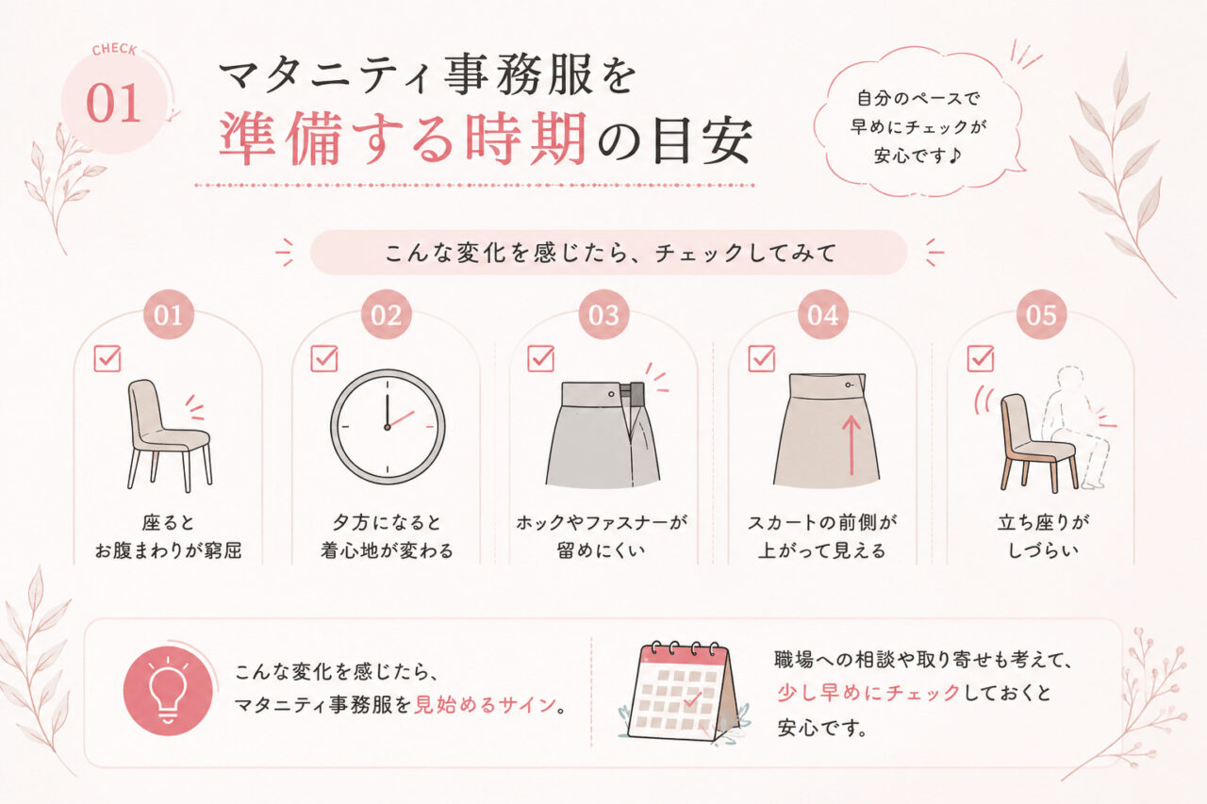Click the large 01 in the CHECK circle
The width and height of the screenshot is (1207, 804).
113,103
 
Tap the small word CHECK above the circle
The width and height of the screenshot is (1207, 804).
114,50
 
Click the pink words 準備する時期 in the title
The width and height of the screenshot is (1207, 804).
403,139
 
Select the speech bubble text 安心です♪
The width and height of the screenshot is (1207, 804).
918,156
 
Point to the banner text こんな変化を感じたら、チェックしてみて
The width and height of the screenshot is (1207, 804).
610,253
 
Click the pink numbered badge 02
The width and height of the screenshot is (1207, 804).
387,315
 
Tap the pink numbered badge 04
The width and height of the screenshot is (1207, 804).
823,315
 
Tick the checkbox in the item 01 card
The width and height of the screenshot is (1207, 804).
107,358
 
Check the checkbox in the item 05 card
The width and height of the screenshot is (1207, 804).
980,358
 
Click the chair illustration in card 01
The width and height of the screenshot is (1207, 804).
169,435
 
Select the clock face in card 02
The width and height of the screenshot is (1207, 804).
388,426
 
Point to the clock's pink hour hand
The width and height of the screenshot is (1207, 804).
401,419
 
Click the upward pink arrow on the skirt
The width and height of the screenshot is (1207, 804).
852,445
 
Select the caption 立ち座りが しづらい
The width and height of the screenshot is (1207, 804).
1043,536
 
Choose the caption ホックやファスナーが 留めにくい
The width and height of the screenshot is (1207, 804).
602,536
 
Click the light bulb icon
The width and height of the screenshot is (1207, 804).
168,691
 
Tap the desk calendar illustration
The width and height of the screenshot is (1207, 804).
683,692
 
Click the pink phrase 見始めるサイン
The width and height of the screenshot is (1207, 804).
484,705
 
